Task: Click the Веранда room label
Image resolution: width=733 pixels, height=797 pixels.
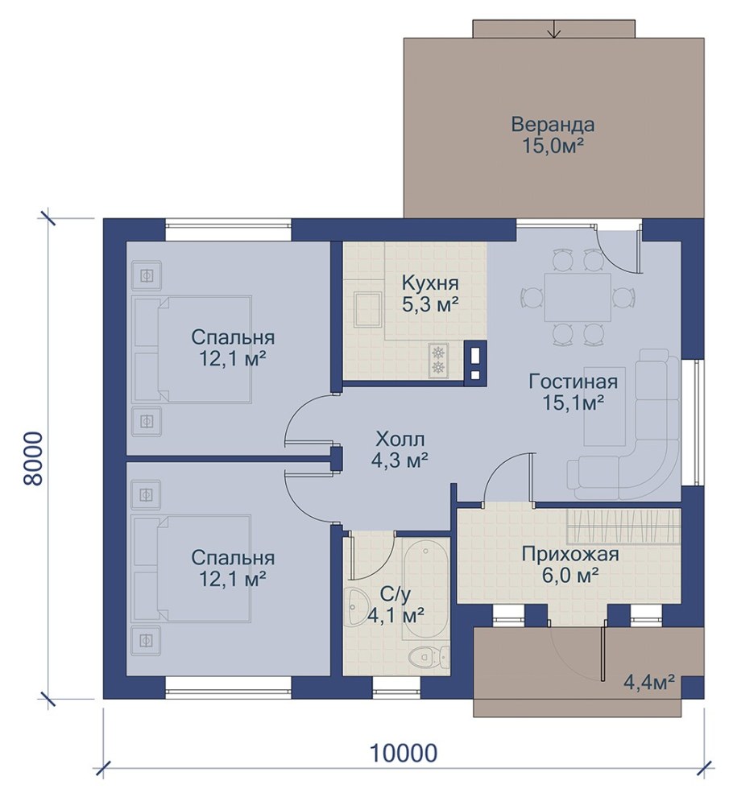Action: pyautogui.click(x=553, y=125)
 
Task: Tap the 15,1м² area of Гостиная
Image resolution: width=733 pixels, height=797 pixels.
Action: pyautogui.click(x=574, y=403)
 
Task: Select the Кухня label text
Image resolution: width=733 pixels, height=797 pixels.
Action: pyautogui.click(x=430, y=283)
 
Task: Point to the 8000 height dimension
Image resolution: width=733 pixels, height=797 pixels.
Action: pyautogui.click(x=31, y=459)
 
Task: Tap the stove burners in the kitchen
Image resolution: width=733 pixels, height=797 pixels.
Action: pyautogui.click(x=438, y=361)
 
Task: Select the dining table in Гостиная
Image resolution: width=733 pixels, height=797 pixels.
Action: pyautogui.click(x=578, y=297)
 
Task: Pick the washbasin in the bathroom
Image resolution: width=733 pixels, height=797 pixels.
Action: pyautogui.click(x=358, y=607)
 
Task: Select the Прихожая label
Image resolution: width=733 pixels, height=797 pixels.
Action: pyautogui.click(x=570, y=554)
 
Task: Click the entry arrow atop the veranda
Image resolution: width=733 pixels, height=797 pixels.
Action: pyautogui.click(x=554, y=30)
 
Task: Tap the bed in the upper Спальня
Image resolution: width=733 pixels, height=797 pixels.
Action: pyautogui.click(x=193, y=349)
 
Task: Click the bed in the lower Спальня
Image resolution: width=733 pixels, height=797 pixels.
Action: pyautogui.click(x=191, y=569)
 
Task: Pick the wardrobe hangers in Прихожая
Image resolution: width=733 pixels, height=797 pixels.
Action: pyautogui.click(x=623, y=525)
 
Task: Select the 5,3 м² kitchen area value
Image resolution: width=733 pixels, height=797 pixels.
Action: pyautogui.click(x=430, y=305)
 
